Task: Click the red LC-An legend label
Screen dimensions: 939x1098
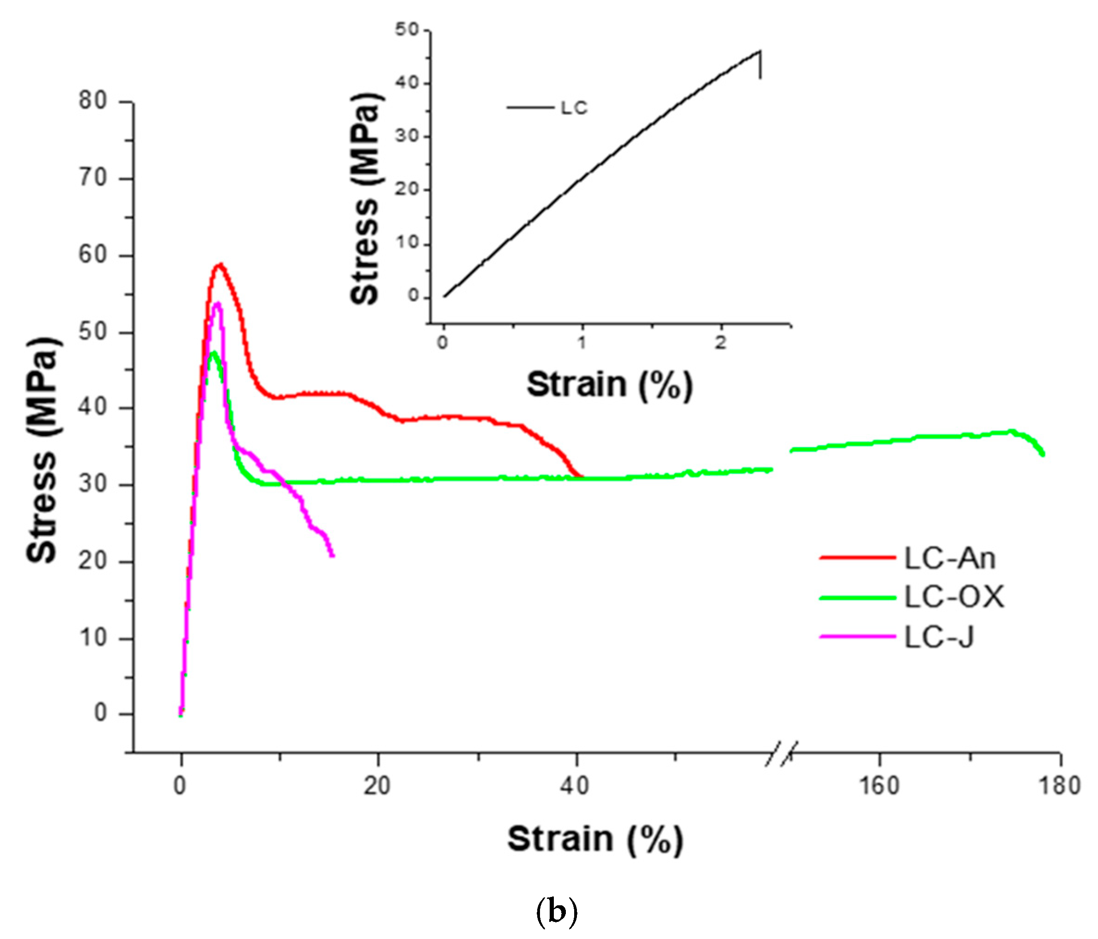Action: pyautogui.click(x=949, y=558)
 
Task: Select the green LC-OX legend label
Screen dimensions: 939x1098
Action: pyautogui.click(x=953, y=597)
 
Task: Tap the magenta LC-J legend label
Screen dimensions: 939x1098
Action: pyautogui.click(x=939, y=636)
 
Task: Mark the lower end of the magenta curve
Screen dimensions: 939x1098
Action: pyautogui.click(x=332, y=555)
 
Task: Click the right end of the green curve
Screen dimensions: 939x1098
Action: pyautogui.click(x=1043, y=454)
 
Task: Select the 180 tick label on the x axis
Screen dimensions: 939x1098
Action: pyautogui.click(x=1059, y=786)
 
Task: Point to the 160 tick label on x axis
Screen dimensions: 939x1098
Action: pyautogui.click(x=879, y=786)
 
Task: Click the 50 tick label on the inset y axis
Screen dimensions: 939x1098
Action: pyautogui.click(x=406, y=29)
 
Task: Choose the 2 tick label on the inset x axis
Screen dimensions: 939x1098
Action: pyautogui.click(x=720, y=343)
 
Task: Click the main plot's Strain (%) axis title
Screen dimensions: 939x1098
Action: pyautogui.click(x=595, y=839)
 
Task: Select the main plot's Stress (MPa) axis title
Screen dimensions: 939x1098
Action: pyautogui.click(x=42, y=450)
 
